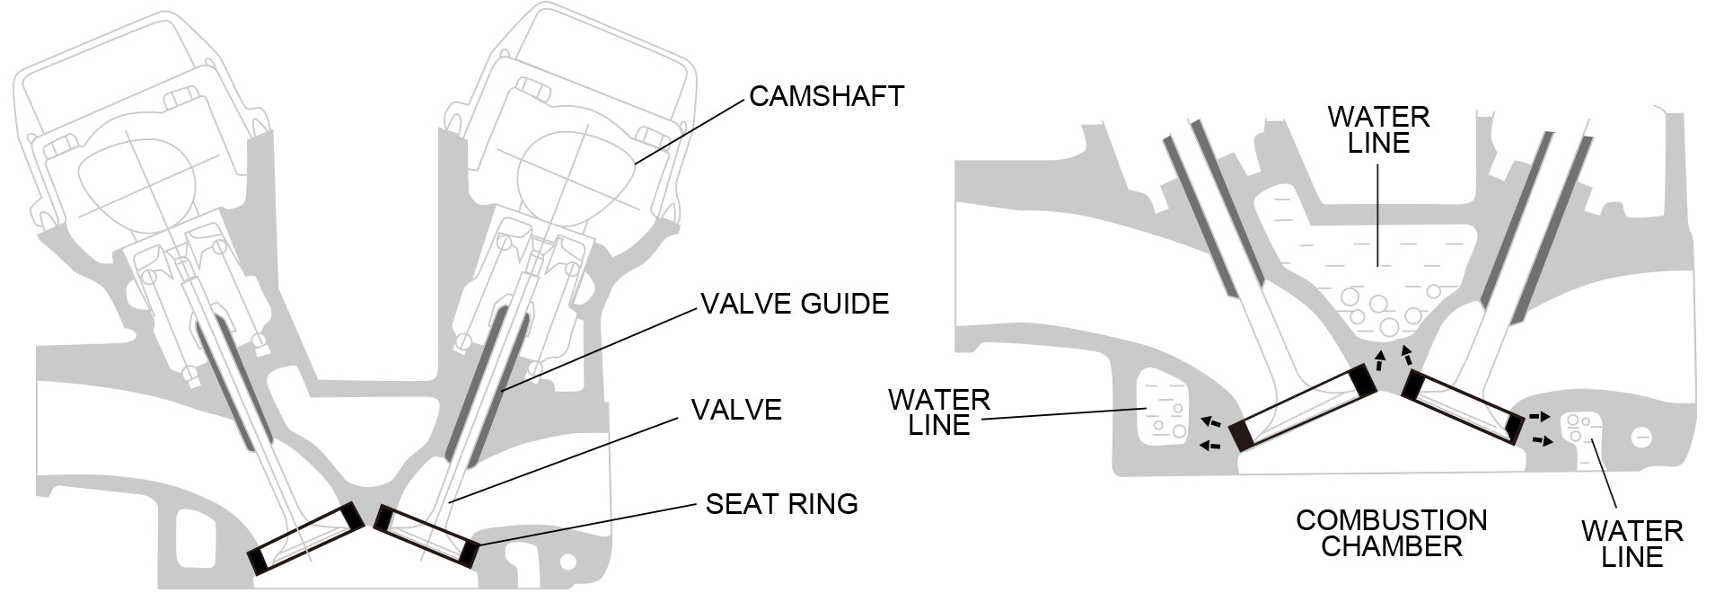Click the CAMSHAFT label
[x=825, y=97]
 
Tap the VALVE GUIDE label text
[x=794, y=304]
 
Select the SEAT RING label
[x=781, y=504]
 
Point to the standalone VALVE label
[x=735, y=410]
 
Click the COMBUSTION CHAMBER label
[x=1391, y=533]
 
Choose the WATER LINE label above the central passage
[x=1378, y=129]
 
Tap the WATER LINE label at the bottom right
[x=1632, y=544]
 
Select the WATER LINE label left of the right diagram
[x=938, y=412]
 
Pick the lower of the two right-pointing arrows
[x=1543, y=440]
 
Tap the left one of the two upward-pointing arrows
[x=1380, y=361]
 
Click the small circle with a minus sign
[x=1642, y=438]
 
